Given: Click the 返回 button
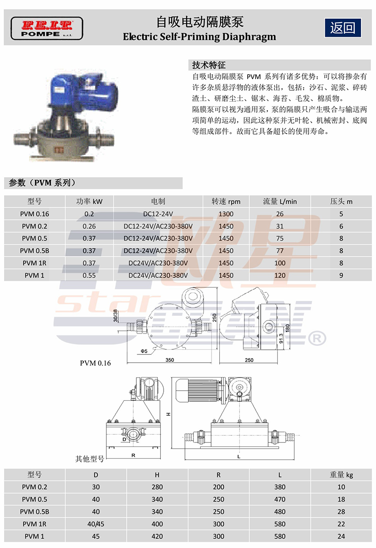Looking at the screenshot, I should click(x=342, y=28).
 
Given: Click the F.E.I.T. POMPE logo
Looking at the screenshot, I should click(x=47, y=29).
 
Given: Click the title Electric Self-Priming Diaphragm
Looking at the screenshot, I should click(x=199, y=37).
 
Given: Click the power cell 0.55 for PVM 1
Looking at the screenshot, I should click(x=89, y=275).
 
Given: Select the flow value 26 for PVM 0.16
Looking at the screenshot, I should click(x=280, y=214).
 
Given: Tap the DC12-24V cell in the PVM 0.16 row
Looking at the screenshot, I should click(x=158, y=214).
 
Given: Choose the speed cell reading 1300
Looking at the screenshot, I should click(x=226, y=214).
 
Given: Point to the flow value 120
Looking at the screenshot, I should click(x=280, y=275).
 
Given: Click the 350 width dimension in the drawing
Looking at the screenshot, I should click(x=170, y=360).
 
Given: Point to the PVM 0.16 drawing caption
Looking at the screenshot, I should click(x=95, y=363).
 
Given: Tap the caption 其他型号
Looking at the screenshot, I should click(x=90, y=459).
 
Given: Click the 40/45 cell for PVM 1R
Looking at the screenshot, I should click(x=96, y=524).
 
